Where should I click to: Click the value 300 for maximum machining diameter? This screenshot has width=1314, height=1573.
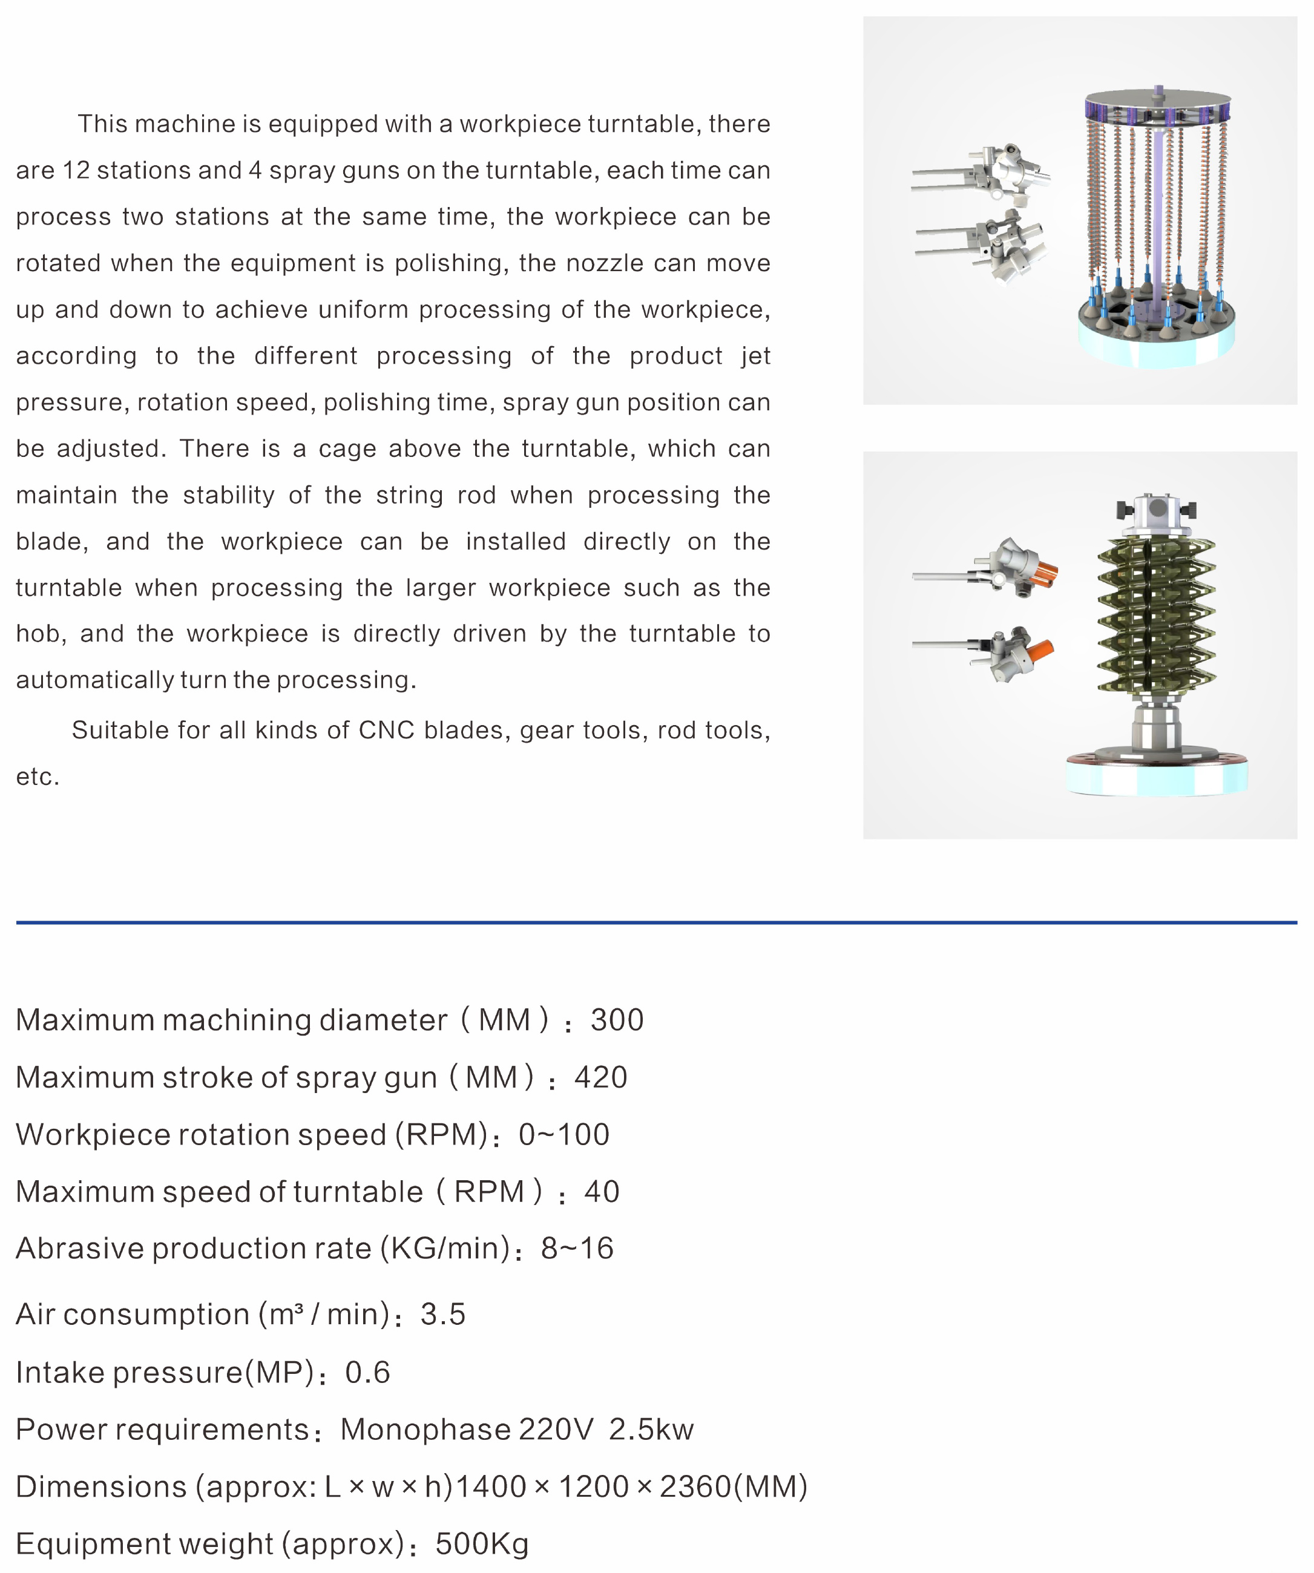tap(617, 1020)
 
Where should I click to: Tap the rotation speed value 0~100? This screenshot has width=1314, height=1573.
tap(563, 1135)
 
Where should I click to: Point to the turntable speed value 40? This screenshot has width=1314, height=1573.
tap(602, 1192)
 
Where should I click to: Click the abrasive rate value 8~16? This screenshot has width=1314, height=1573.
tap(577, 1249)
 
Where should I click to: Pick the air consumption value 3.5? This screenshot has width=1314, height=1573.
tap(443, 1315)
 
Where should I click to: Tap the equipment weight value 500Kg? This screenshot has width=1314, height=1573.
tap(482, 1545)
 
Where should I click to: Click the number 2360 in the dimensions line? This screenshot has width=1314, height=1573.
tap(694, 1487)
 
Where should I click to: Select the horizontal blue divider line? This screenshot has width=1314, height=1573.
tap(656, 923)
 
